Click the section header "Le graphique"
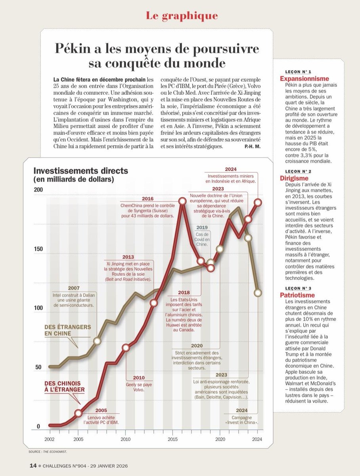click(182, 16)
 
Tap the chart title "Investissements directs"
click(81, 171)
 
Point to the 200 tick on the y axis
click(38, 190)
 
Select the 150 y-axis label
click(38, 249)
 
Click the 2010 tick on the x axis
click(125, 439)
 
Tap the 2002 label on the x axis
click(50, 439)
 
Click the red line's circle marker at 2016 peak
click(182, 202)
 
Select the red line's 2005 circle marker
click(79, 413)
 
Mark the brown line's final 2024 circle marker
click(258, 293)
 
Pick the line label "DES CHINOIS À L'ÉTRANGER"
click(64, 387)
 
